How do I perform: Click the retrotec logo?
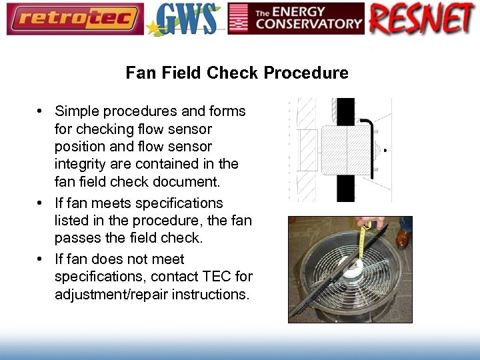[75, 19]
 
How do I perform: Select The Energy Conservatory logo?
[296, 19]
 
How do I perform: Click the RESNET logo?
[423, 19]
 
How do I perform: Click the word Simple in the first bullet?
[77, 111]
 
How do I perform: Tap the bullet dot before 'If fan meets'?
[41, 203]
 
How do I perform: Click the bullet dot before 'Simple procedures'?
[41, 111]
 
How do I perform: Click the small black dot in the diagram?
[385, 151]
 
